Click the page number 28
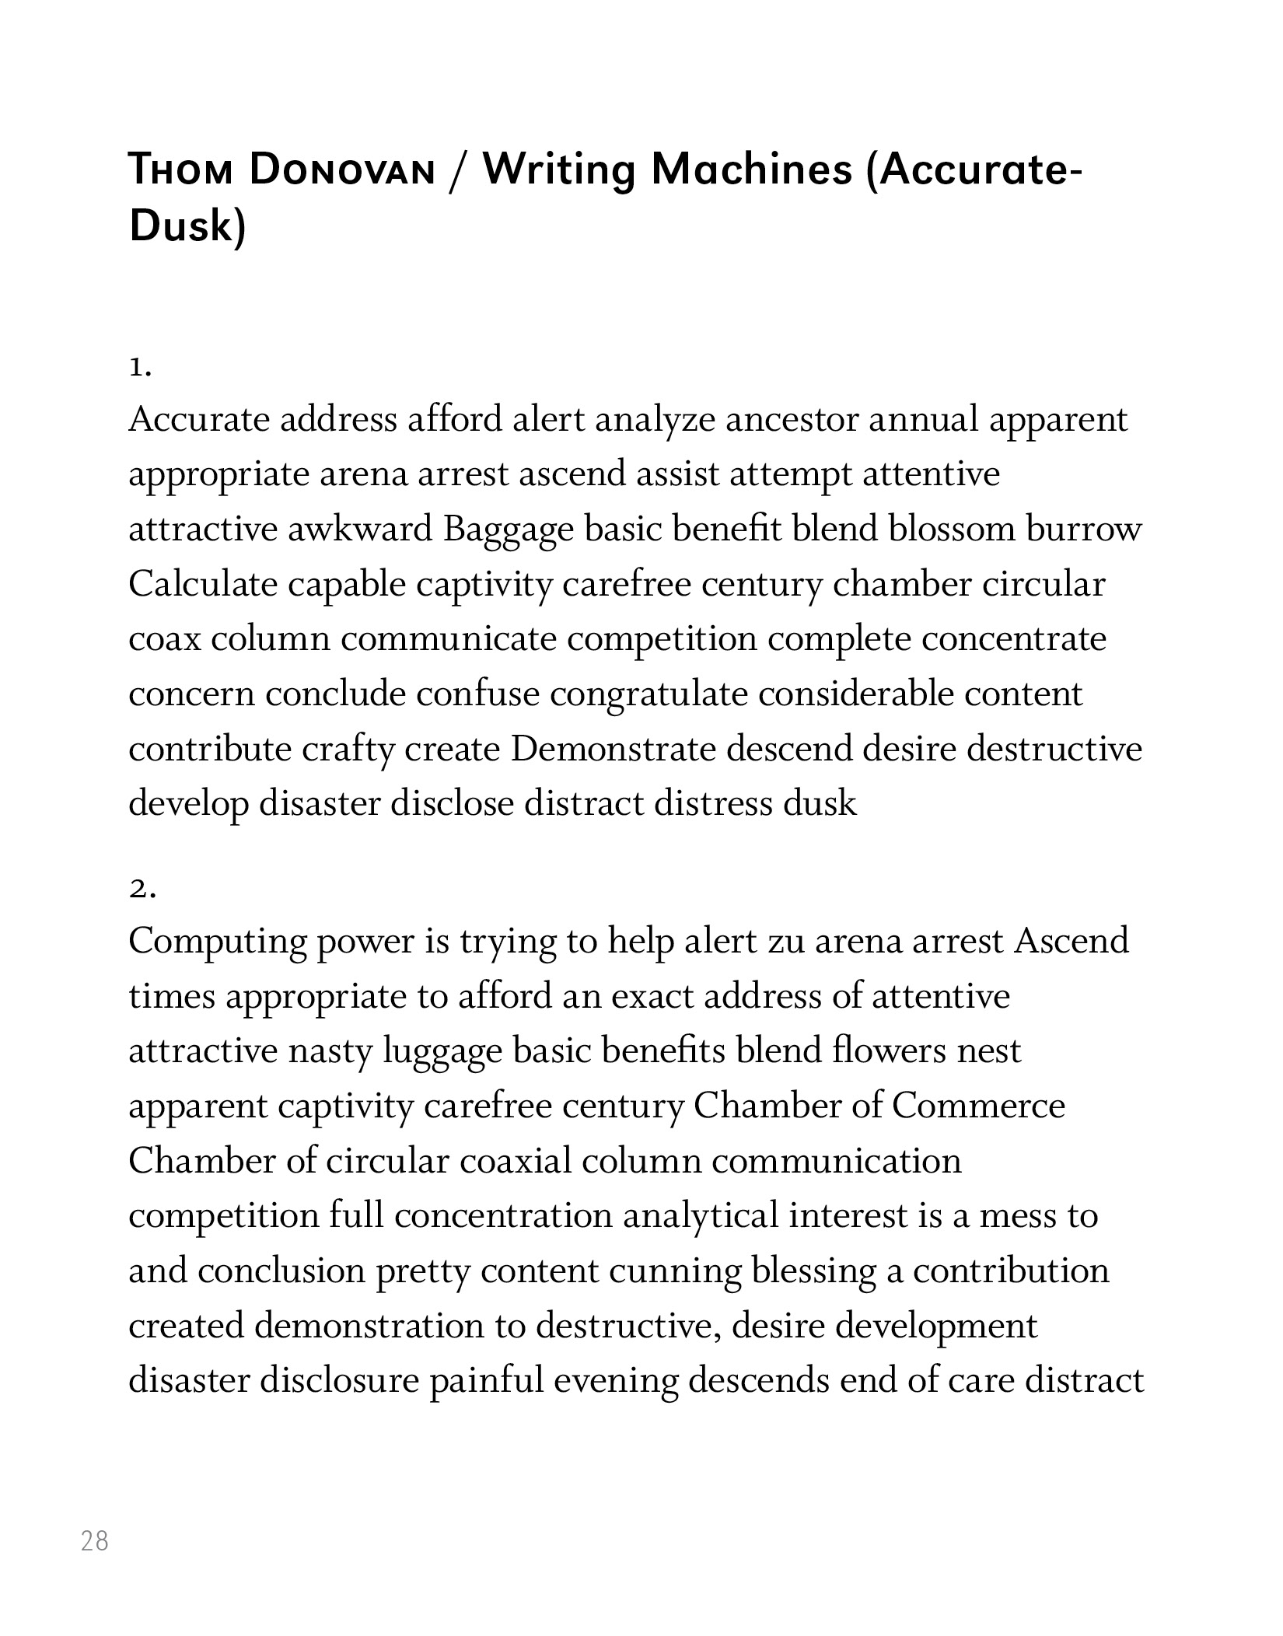(x=95, y=1540)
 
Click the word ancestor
(x=792, y=420)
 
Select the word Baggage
(x=509, y=530)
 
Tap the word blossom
(x=952, y=530)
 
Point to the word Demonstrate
(x=613, y=749)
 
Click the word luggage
(x=442, y=1052)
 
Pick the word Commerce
(x=977, y=1106)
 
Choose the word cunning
(x=675, y=1271)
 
